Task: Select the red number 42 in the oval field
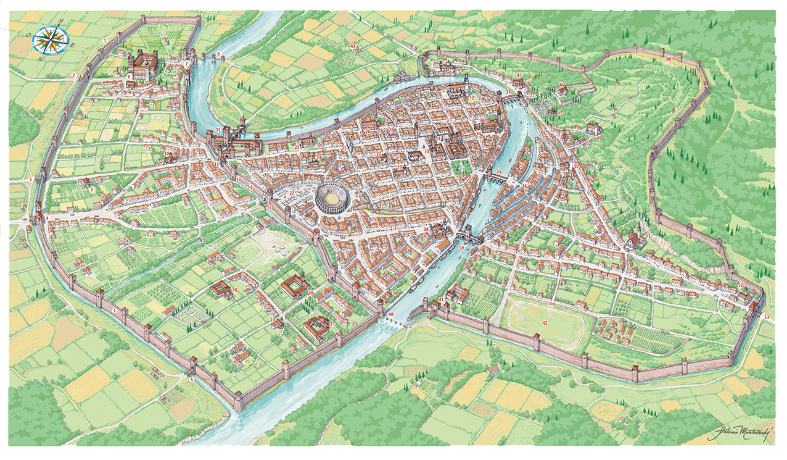click(x=545, y=323)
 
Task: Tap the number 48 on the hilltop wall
click(x=669, y=59)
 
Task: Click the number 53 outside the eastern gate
click(x=767, y=317)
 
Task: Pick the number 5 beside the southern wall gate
click(x=191, y=379)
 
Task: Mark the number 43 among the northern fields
click(x=353, y=46)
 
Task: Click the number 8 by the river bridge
click(x=217, y=54)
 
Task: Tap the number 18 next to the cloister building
click(x=234, y=290)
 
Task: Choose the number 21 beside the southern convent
click(x=332, y=324)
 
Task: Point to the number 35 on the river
click(x=498, y=171)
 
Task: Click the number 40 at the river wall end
click(x=390, y=315)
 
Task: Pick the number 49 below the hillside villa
click(x=599, y=138)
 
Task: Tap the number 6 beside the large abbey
click(x=130, y=75)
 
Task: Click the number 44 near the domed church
click(x=444, y=60)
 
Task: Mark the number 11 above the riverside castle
click(x=218, y=130)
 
